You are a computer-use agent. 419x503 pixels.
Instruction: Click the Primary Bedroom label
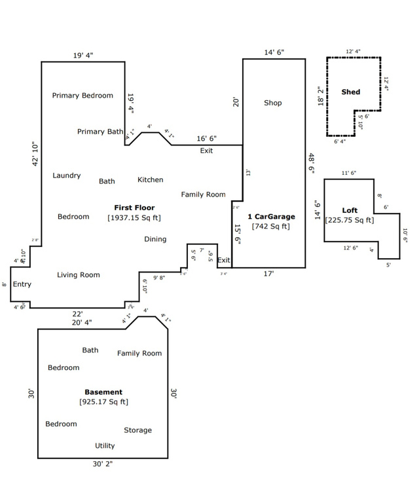point(82,96)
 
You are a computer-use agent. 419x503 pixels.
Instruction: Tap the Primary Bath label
point(100,132)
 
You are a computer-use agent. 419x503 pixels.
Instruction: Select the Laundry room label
point(67,176)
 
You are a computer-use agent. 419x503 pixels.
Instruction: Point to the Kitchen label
point(150,179)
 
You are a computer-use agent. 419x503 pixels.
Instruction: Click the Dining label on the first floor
point(155,239)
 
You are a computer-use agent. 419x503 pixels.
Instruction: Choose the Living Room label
point(79,275)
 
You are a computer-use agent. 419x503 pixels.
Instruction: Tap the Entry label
point(22,284)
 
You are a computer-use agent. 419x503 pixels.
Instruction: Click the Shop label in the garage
point(273,103)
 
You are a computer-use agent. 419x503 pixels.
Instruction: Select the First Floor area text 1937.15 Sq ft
point(134,217)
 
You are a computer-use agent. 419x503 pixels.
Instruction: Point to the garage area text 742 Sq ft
point(271,227)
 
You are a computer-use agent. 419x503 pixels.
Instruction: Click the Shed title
point(351,92)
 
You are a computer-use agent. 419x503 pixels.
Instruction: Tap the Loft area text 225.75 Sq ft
point(350,220)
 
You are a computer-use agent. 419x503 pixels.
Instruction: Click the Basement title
point(103,392)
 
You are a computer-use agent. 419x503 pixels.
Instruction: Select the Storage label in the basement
point(137,430)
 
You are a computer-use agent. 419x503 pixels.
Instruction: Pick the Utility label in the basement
point(105,446)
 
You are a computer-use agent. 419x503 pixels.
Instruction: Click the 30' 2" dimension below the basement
point(103,464)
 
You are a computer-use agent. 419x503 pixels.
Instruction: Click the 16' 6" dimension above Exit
point(207,139)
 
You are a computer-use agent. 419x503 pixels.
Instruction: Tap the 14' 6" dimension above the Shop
point(274,52)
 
